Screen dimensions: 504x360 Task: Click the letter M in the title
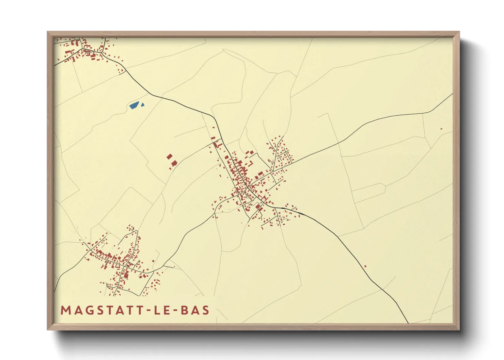pos(65,310)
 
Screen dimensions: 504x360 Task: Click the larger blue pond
pos(134,105)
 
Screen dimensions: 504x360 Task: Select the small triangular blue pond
pos(143,105)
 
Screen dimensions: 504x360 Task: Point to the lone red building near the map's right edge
pos(441,129)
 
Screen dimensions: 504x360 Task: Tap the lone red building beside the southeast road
pos(365,266)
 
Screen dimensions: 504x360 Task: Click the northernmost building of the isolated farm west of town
pos(170,157)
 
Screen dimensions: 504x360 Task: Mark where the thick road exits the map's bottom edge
pos(408,322)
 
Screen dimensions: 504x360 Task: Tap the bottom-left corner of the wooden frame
pos(48,329)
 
